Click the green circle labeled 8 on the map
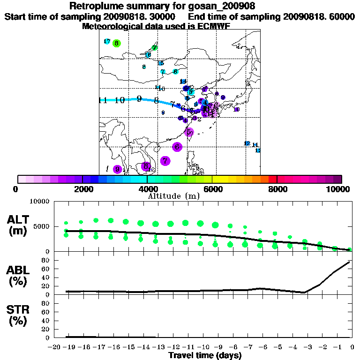coord(117,43)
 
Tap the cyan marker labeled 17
coord(107,42)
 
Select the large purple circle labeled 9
coord(117,169)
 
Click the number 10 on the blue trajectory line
coord(119,100)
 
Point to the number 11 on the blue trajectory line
coord(104,100)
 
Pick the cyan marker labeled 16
coord(148,55)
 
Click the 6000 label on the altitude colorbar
coord(212,189)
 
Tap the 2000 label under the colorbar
coord(82,189)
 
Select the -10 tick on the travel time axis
coord(202,347)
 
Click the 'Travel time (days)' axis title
coord(205,356)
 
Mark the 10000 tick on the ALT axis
coord(39,202)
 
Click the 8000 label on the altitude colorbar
coord(277,189)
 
